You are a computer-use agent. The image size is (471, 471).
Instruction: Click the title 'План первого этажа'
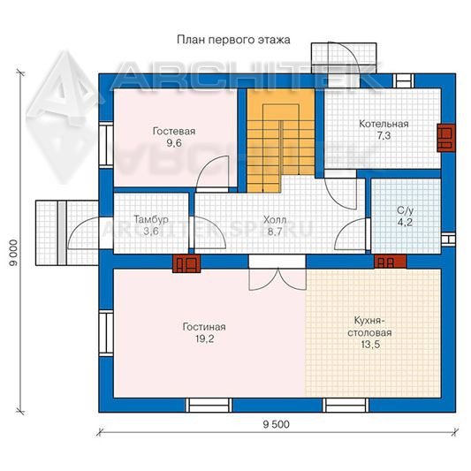pyautogui.click(x=233, y=40)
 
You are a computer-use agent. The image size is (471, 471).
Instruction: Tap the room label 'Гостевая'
pyautogui.click(x=174, y=132)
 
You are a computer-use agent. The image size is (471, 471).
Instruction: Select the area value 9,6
pyautogui.click(x=174, y=143)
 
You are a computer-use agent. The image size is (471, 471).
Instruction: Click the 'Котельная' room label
pyautogui.click(x=384, y=124)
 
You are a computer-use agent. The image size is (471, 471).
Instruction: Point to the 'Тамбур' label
pyautogui.click(x=151, y=219)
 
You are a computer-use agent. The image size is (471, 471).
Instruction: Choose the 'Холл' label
pyautogui.click(x=275, y=220)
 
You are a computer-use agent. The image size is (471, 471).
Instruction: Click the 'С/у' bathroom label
pyautogui.click(x=406, y=210)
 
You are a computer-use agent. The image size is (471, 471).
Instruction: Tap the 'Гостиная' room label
pyautogui.click(x=204, y=327)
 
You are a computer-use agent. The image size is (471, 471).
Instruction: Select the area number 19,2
pyautogui.click(x=204, y=338)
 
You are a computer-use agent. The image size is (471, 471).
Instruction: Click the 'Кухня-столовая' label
pyautogui.click(x=369, y=327)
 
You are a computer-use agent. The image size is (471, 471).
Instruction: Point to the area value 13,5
pyautogui.click(x=370, y=345)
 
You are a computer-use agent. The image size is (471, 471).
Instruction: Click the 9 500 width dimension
pyautogui.click(x=277, y=424)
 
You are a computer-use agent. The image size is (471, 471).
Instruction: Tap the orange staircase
pyautogui.click(x=280, y=141)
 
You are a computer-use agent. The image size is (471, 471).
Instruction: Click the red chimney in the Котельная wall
pyautogui.click(x=445, y=138)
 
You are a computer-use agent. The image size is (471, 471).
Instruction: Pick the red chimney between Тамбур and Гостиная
pyautogui.click(x=186, y=263)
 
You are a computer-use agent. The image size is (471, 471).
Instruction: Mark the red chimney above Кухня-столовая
pyautogui.click(x=391, y=262)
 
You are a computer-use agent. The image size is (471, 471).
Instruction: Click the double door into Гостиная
pyautogui.click(x=277, y=272)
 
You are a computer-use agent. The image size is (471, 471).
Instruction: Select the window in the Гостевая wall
pyautogui.click(x=106, y=145)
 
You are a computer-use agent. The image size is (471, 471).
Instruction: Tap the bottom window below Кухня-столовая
pyautogui.click(x=346, y=406)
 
